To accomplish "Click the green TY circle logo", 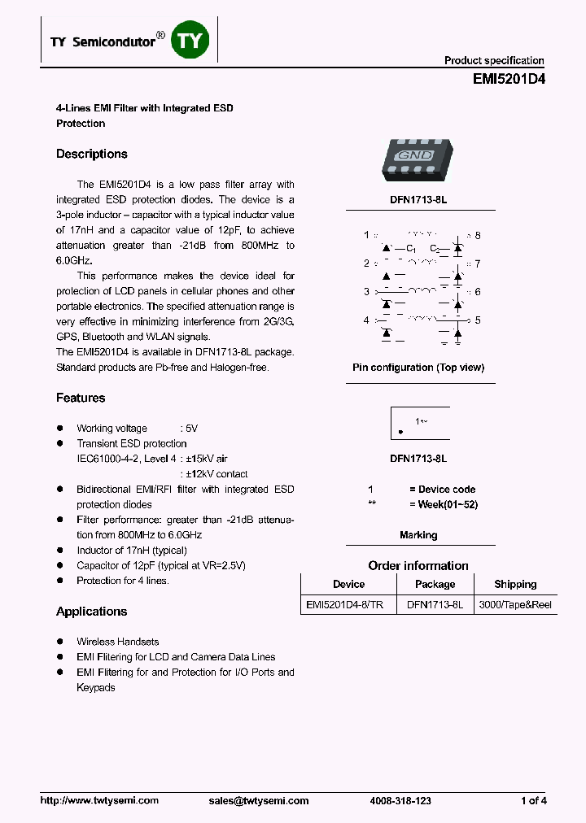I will [x=190, y=41].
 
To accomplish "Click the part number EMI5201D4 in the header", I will [x=509, y=80].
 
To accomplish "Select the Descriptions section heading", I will [x=92, y=154].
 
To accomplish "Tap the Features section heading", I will [x=81, y=398].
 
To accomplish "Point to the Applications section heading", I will [x=92, y=612].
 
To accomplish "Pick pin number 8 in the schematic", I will [x=478, y=236].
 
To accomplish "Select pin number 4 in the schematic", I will [x=366, y=320].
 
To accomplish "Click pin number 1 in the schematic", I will [x=366, y=236].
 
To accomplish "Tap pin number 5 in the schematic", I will [x=478, y=320].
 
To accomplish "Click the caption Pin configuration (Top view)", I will [x=418, y=368].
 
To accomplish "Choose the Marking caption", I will [x=418, y=535].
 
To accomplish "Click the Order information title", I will [x=418, y=565].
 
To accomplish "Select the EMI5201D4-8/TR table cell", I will [x=348, y=606].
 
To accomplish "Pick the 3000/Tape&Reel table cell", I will [x=515, y=606].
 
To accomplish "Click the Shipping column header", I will [x=515, y=584].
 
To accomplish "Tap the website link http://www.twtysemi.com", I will [x=99, y=801].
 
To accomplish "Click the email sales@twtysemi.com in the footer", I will [x=259, y=801].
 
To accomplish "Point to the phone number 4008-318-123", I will [x=400, y=801].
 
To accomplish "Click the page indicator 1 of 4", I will [x=533, y=801].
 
